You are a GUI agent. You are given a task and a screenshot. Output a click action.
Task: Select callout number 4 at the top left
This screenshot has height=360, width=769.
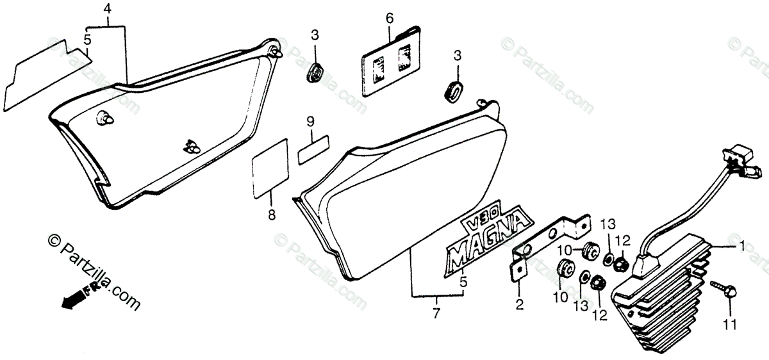click(107, 10)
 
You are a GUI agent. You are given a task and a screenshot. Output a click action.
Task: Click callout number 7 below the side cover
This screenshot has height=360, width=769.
click(436, 313)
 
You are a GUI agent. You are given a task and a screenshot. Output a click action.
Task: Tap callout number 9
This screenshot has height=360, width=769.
click(310, 120)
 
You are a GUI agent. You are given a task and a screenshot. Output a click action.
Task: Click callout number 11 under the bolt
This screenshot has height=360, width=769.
click(726, 326)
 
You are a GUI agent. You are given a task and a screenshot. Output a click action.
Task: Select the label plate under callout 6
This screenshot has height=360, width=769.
click(388, 61)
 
